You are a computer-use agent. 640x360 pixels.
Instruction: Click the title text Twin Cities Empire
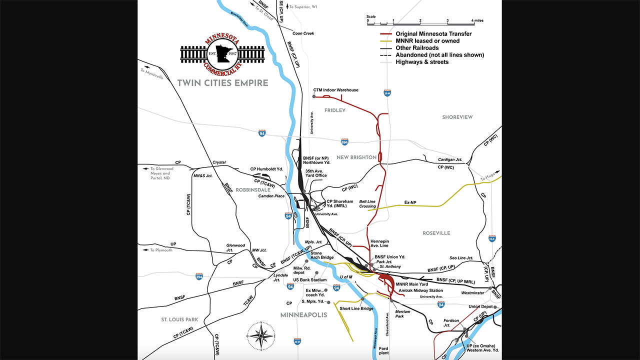(x=222, y=83)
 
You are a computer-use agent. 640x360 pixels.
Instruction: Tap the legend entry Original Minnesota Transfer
(x=433, y=34)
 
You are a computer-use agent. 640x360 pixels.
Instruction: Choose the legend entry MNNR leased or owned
(x=427, y=41)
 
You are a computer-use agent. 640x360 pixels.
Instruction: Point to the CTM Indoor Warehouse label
(x=335, y=90)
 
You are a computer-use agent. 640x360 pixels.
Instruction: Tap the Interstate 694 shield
(x=344, y=142)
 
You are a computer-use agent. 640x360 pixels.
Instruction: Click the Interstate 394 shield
(x=199, y=276)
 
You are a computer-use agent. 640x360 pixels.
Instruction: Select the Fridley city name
(x=334, y=110)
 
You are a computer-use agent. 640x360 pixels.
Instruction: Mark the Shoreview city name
(x=457, y=117)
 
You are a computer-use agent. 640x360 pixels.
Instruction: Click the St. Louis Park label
(x=179, y=319)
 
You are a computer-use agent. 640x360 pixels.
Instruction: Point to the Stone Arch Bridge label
(x=322, y=255)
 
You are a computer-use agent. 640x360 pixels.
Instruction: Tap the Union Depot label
(x=480, y=306)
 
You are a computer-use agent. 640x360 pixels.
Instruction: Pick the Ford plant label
(x=383, y=350)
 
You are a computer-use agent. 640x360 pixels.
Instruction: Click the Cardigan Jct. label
(x=450, y=159)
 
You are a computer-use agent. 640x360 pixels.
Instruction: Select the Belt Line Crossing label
(x=367, y=204)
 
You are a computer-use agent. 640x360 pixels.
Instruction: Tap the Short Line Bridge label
(x=356, y=308)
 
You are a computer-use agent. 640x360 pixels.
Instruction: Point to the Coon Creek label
(x=303, y=33)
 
